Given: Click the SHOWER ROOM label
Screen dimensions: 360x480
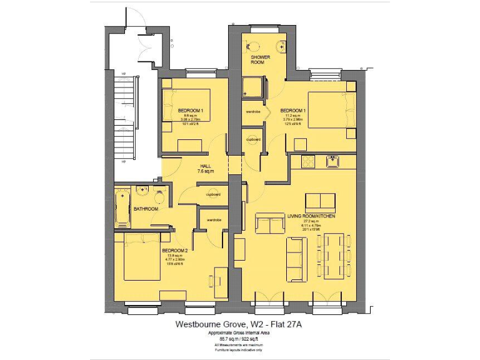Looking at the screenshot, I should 261,59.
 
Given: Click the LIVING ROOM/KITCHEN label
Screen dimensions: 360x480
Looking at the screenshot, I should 311,216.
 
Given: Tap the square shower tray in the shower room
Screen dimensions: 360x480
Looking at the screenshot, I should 253,87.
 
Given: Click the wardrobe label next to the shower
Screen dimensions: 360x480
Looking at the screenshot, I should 252,112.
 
